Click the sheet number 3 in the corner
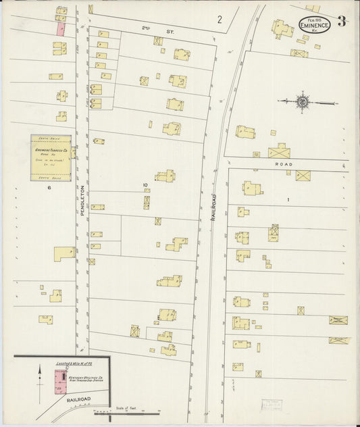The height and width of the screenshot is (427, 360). [342, 21]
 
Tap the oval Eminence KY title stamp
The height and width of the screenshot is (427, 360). [315, 25]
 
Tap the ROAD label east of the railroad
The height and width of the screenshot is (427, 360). [281, 163]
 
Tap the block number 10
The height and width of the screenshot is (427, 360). [144, 184]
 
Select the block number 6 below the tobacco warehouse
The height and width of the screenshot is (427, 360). [49, 189]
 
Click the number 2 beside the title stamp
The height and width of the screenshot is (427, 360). [220, 20]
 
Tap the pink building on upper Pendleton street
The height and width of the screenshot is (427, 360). [61, 29]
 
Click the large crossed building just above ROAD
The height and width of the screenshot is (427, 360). [279, 152]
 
